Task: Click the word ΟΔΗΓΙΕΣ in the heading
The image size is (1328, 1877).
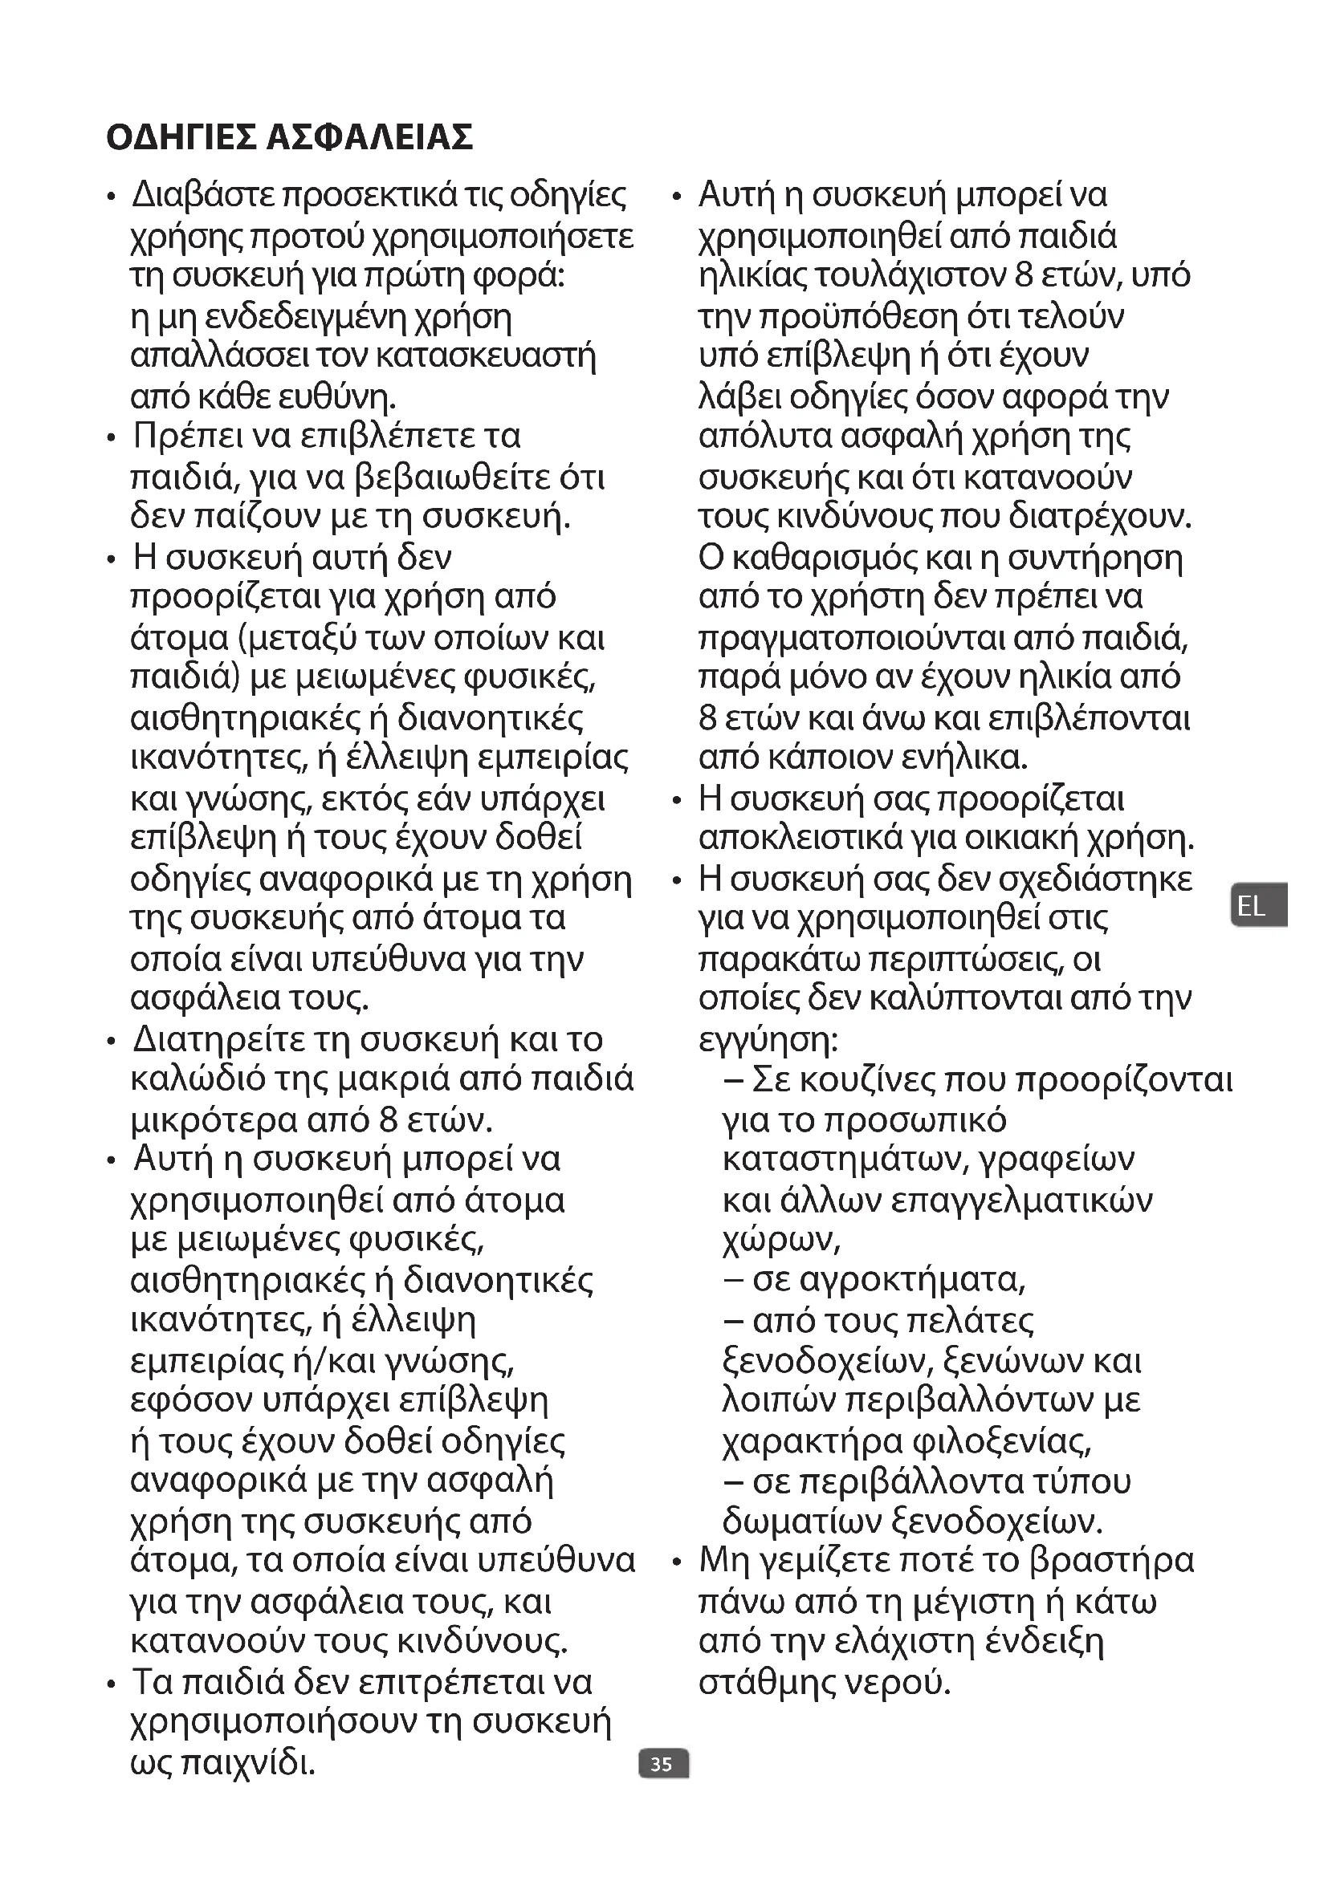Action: pos(181,137)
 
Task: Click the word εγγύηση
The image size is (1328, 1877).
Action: pos(768,1040)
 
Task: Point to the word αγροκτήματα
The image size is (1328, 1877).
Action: pos(888,1280)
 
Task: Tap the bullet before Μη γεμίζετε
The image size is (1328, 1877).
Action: pos(677,1563)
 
